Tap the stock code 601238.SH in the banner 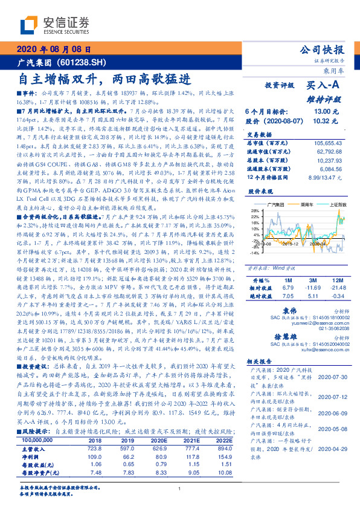click(81, 62)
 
